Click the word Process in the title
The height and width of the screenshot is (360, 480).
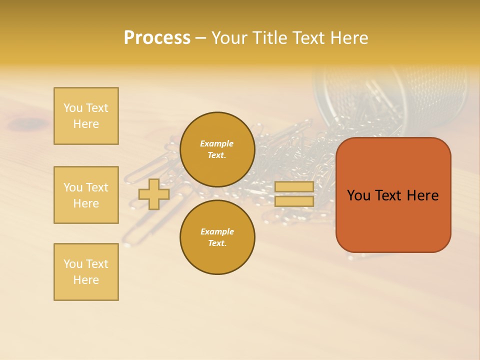(157, 38)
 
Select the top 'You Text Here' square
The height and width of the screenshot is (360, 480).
(86, 116)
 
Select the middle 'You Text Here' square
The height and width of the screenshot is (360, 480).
(86, 195)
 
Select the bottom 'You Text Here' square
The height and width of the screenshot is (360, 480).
(86, 272)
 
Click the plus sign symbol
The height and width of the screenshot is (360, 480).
(154, 194)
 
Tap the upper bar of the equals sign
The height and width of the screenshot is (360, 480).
(294, 187)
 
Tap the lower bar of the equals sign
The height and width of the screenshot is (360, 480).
(294, 201)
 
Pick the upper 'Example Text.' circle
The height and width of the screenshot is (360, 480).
(217, 149)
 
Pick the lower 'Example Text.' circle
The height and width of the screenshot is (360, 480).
(217, 237)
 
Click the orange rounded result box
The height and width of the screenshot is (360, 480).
(393, 220)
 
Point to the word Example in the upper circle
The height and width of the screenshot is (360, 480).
(216, 143)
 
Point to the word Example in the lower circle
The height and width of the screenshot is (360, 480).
(216, 231)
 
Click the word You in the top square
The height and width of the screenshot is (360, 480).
(72, 108)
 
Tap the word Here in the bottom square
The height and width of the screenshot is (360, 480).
(86, 280)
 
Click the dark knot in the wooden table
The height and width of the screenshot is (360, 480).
(30, 122)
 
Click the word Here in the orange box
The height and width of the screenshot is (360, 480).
(422, 195)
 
